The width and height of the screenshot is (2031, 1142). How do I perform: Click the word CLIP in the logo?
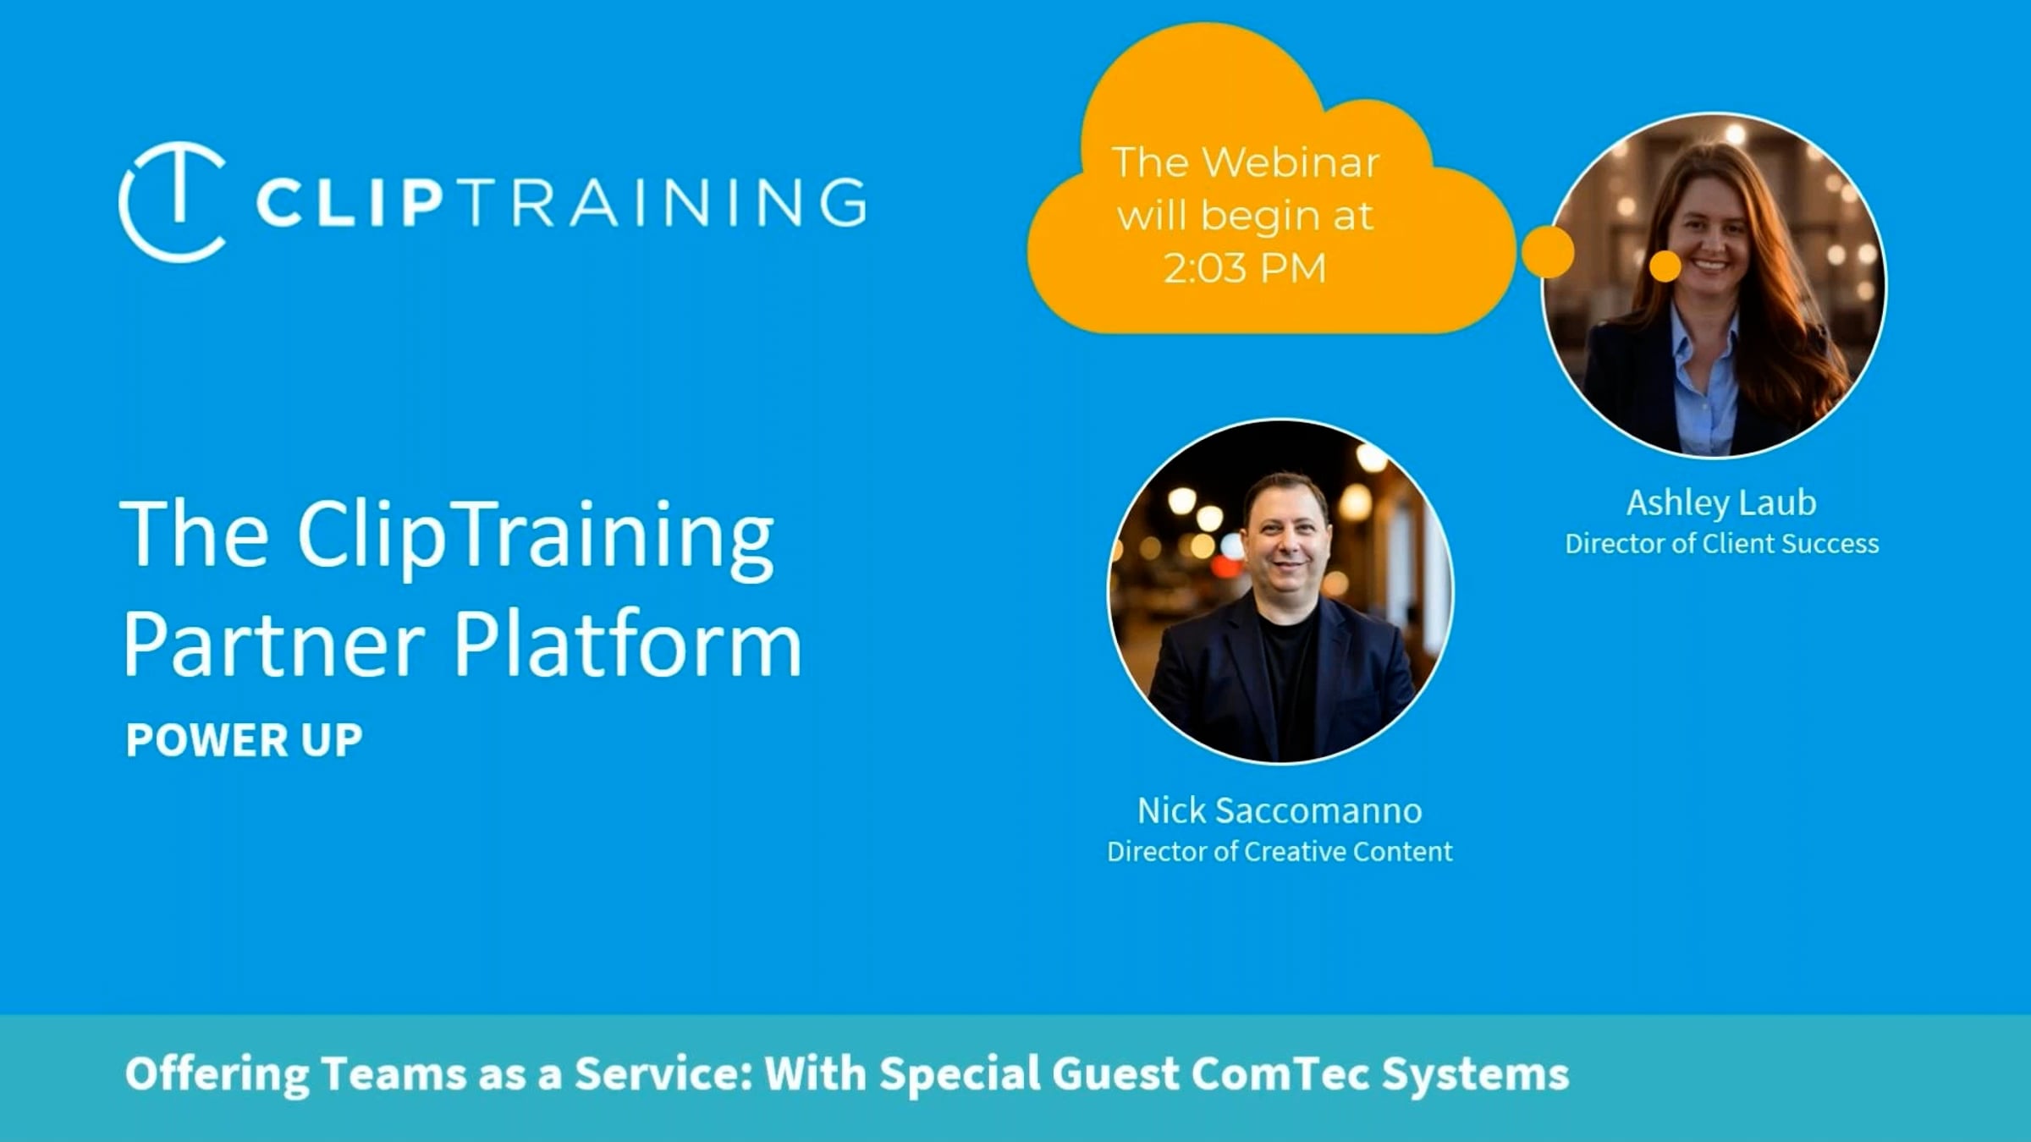[x=350, y=203]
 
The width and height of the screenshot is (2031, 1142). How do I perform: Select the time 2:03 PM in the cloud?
[x=1245, y=269]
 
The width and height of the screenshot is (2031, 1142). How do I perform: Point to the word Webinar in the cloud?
[x=1291, y=162]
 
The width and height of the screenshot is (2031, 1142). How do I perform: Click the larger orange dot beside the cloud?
[x=1548, y=252]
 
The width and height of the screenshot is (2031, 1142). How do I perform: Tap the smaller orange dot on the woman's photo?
[x=1665, y=266]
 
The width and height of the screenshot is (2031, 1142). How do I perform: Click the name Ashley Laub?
[x=1721, y=503]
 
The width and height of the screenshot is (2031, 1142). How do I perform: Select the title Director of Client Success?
[x=1721, y=543]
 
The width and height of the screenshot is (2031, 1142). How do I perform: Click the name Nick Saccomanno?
[x=1280, y=810]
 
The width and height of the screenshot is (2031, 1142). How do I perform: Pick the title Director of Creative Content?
[x=1280, y=851]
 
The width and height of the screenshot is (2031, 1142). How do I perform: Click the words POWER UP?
[x=244, y=740]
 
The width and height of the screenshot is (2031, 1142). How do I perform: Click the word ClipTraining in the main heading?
[x=535, y=538]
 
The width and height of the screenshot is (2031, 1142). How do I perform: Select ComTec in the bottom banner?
[x=1281, y=1073]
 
